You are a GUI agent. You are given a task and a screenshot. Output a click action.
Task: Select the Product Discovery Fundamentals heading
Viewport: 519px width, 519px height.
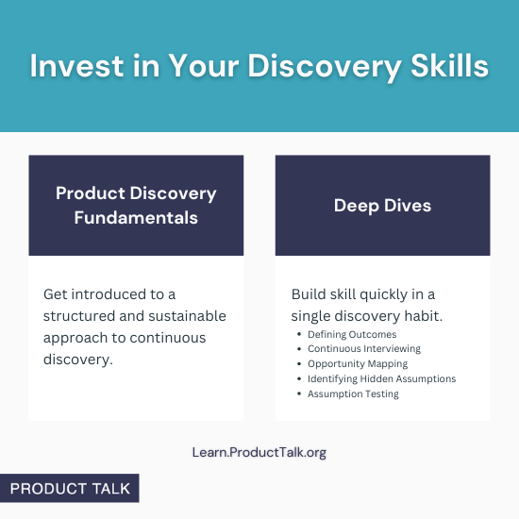[x=136, y=205]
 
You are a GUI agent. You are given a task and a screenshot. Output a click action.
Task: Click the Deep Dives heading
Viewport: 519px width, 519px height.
[x=382, y=205]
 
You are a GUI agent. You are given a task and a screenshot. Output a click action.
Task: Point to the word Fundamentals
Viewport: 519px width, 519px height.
[x=136, y=217]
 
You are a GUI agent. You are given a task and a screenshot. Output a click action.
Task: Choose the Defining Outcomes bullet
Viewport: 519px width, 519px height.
[x=352, y=334]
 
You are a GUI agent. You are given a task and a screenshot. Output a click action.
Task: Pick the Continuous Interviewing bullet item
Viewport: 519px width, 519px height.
[x=364, y=349]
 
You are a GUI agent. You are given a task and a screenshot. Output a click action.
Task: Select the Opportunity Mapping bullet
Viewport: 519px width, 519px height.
[x=358, y=363]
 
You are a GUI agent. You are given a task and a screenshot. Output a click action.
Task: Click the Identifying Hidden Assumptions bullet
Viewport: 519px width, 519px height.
[x=381, y=378]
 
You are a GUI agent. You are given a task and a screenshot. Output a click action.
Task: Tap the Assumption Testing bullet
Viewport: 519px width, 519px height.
[x=353, y=393]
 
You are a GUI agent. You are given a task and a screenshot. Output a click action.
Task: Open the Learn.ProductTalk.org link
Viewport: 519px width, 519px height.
[x=259, y=452]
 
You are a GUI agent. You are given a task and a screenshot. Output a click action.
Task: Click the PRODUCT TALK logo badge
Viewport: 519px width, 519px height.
[x=70, y=489]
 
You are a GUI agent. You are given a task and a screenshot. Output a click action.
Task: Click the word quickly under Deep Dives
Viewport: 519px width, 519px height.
[x=375, y=294]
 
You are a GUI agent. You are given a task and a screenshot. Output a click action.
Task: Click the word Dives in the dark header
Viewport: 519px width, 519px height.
[x=407, y=205]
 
